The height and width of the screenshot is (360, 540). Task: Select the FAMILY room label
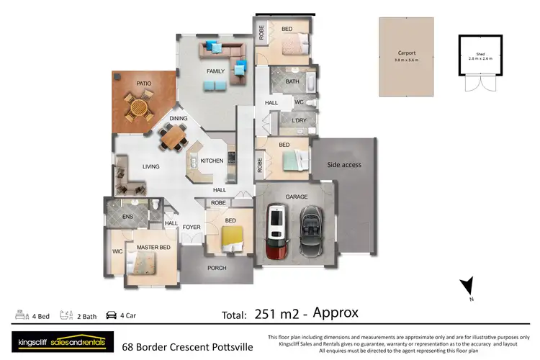pyautogui.click(x=215, y=71)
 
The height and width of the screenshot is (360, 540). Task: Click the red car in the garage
pyautogui.click(x=276, y=231)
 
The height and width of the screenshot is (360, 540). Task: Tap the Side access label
pyautogui.click(x=344, y=165)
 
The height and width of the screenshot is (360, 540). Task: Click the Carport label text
pyautogui.click(x=407, y=53)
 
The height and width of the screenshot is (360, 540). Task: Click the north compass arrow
pyautogui.click(x=467, y=287)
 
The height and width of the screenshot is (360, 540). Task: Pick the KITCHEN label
pyautogui.click(x=212, y=160)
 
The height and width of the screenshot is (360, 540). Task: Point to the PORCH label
pyautogui.click(x=217, y=268)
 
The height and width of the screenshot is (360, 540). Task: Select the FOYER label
pyautogui.click(x=191, y=228)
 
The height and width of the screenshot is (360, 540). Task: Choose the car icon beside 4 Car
pyautogui.click(x=111, y=315)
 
